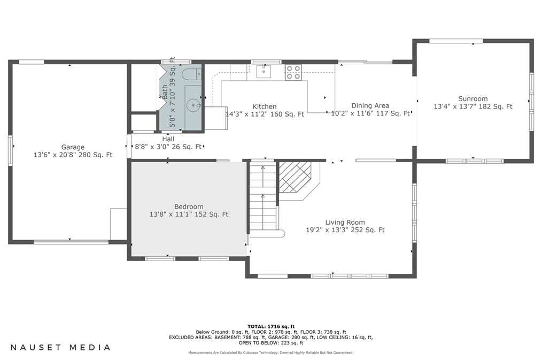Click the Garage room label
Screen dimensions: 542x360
point(73,147)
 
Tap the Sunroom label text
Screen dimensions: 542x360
point(473,99)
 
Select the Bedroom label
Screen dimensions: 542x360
point(189,207)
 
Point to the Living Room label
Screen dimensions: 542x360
point(345,223)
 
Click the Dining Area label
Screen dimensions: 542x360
point(370,106)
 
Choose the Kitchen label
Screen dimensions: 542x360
point(265,106)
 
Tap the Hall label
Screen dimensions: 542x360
point(168,139)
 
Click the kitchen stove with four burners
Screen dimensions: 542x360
point(293,73)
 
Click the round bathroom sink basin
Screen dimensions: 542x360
point(192,104)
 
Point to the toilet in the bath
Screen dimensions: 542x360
point(191,74)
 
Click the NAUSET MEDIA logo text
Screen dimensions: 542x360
point(60,347)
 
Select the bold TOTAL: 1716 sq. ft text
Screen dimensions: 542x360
point(271,326)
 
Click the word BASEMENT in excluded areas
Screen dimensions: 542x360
point(227,337)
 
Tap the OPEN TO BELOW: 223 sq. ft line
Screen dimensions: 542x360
point(271,343)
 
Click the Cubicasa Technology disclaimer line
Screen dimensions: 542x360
point(271,353)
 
